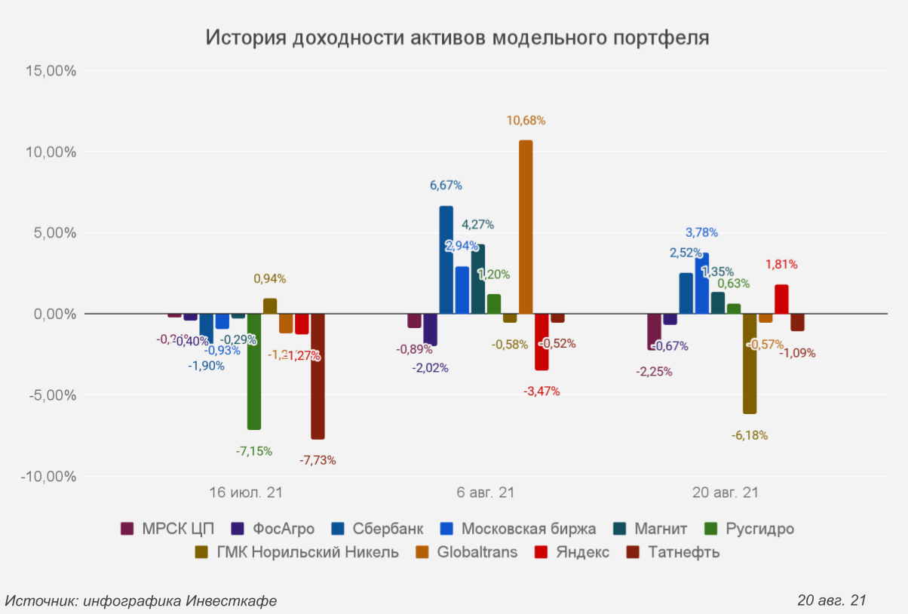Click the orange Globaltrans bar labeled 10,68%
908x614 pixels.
pos(526,226)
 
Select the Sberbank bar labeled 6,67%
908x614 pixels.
pos(446,259)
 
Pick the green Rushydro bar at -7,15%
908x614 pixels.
pos(254,371)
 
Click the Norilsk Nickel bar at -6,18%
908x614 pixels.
pos(750,364)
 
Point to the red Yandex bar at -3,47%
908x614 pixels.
pos(541,342)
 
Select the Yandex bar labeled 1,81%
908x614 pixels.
pos(781,299)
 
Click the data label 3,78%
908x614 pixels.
pos(701,232)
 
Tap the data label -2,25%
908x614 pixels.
pos(654,371)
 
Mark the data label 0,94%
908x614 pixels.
pos(270,278)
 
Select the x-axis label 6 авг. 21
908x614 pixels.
pos(486,493)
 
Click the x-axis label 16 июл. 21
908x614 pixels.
pos(246,493)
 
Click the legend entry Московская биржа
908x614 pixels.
pos(528,529)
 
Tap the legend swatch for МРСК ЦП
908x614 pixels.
pos(127,529)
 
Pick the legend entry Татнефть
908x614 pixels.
pos(684,552)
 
